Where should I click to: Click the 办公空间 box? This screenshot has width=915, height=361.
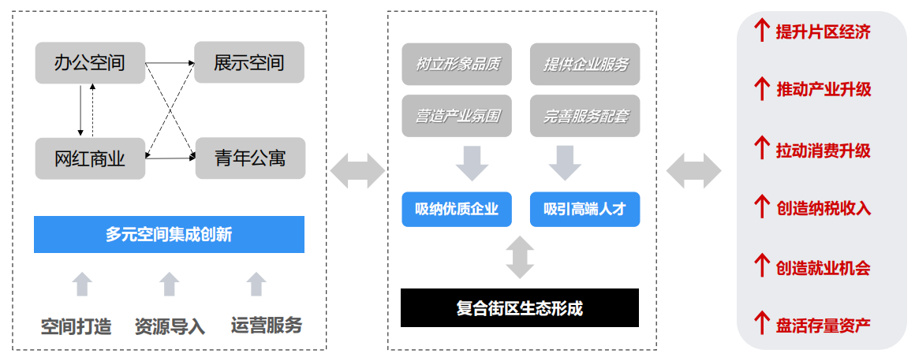[90, 62]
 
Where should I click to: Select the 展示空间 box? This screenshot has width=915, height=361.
[249, 62]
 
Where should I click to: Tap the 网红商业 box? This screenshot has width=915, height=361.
[90, 158]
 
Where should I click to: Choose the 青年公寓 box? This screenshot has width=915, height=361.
[249, 158]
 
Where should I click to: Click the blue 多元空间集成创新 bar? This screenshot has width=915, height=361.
[169, 234]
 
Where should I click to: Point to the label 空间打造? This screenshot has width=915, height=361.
[77, 326]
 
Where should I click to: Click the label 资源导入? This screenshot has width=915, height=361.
[170, 326]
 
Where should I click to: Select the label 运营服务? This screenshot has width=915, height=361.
[267, 325]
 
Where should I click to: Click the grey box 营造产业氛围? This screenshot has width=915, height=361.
[457, 116]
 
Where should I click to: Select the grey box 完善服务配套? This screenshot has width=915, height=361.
[585, 116]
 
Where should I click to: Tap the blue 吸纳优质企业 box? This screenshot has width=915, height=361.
[457, 209]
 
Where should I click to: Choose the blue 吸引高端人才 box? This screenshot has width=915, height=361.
[585, 209]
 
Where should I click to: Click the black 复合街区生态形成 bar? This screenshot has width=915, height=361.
[520, 307]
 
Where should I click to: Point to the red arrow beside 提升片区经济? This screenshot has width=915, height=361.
[761, 31]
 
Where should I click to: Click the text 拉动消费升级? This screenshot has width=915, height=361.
[823, 150]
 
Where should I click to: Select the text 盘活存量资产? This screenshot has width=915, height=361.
[823, 325]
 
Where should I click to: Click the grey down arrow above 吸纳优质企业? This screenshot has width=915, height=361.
[472, 162]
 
